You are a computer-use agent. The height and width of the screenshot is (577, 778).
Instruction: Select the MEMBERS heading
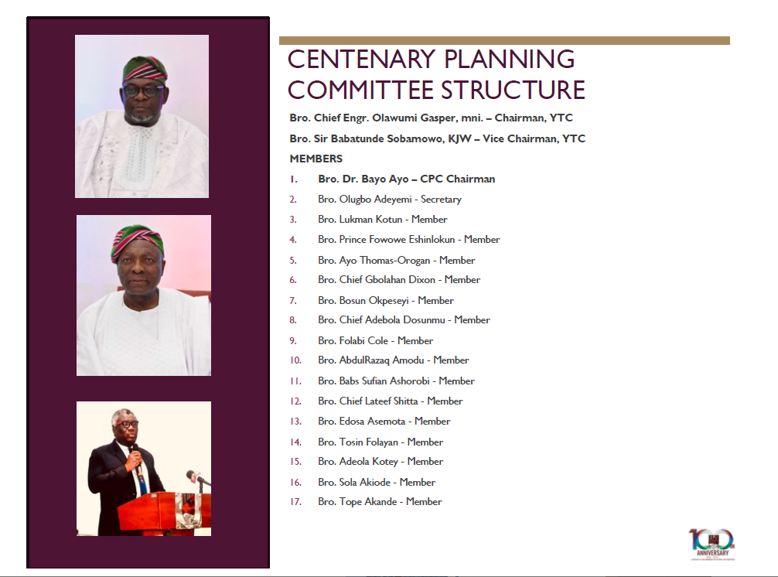(316, 159)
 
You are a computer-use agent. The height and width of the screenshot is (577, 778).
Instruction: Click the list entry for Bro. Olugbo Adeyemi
(389, 200)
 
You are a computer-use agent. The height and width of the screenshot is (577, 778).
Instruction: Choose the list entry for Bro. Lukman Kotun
(382, 220)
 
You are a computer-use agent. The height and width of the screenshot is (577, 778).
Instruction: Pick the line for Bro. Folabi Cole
(375, 340)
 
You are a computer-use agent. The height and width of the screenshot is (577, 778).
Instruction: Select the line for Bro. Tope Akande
(380, 502)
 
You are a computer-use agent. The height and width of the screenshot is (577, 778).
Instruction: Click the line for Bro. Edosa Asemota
(384, 422)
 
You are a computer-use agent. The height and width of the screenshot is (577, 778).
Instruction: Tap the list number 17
(295, 502)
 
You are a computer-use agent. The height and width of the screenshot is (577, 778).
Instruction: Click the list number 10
(295, 360)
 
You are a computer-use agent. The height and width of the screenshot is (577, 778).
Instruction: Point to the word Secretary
(441, 200)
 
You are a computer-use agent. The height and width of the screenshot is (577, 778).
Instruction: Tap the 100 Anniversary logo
(711, 545)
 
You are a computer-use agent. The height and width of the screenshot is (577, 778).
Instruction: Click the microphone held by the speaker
(132, 449)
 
